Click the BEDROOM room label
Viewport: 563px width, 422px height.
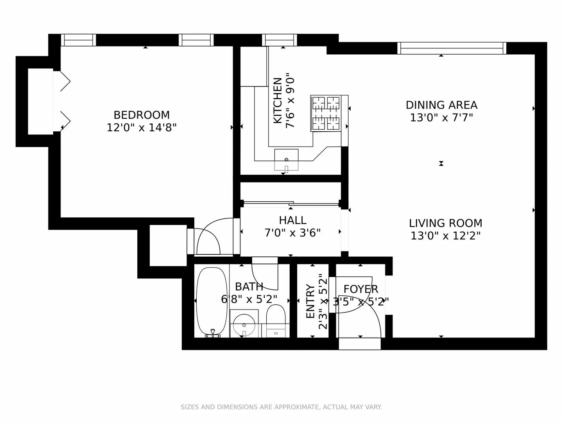[x=142, y=115]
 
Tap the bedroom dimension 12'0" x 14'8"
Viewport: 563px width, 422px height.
[x=142, y=128]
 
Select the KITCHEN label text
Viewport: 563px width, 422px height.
[x=277, y=100]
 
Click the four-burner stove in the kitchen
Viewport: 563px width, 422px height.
[x=326, y=113]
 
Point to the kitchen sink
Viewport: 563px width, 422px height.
[x=286, y=160]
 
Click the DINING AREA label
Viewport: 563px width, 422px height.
[x=441, y=105]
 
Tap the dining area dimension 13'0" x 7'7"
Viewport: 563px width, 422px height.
[x=441, y=118]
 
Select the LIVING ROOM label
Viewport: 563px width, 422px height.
[x=445, y=224]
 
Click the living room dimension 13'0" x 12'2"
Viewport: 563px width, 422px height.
[x=445, y=236]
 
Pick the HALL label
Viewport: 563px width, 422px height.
[x=292, y=220]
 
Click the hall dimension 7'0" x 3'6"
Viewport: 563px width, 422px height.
[x=292, y=233]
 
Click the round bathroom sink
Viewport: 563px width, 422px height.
[x=244, y=325]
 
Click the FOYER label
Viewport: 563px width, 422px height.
[x=360, y=289]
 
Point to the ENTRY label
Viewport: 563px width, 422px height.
[x=310, y=301]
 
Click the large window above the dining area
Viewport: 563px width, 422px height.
[x=452, y=48]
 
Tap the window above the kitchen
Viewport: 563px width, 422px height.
[x=279, y=40]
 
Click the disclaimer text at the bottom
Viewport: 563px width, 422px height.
[x=281, y=407]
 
